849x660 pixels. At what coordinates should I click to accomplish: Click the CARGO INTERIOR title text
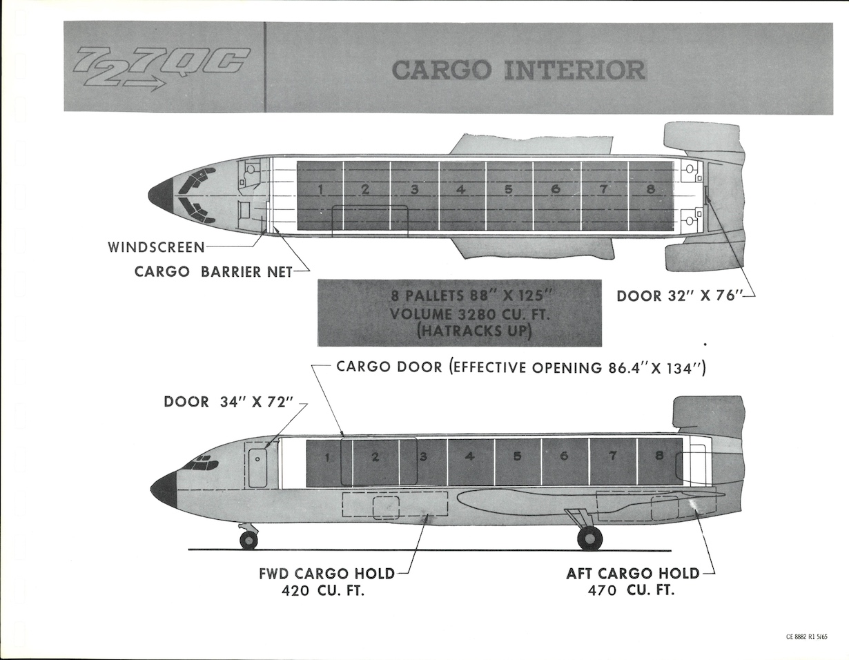(518, 70)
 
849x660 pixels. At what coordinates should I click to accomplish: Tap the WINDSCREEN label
(156, 246)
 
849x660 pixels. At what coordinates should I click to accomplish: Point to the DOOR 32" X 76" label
(678, 296)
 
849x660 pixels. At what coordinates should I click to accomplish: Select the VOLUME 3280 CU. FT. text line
(459, 314)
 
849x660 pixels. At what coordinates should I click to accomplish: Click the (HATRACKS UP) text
(459, 331)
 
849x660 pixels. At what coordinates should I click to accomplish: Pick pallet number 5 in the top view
(508, 189)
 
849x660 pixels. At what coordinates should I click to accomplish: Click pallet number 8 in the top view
(650, 189)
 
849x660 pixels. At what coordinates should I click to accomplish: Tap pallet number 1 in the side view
(327, 457)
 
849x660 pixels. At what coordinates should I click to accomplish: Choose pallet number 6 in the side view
(564, 456)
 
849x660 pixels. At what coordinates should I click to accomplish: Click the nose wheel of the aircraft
(248, 540)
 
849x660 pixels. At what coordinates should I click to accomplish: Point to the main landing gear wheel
(589, 538)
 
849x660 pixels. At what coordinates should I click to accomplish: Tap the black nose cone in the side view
(164, 489)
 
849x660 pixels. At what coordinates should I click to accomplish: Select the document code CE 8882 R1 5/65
(807, 637)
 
